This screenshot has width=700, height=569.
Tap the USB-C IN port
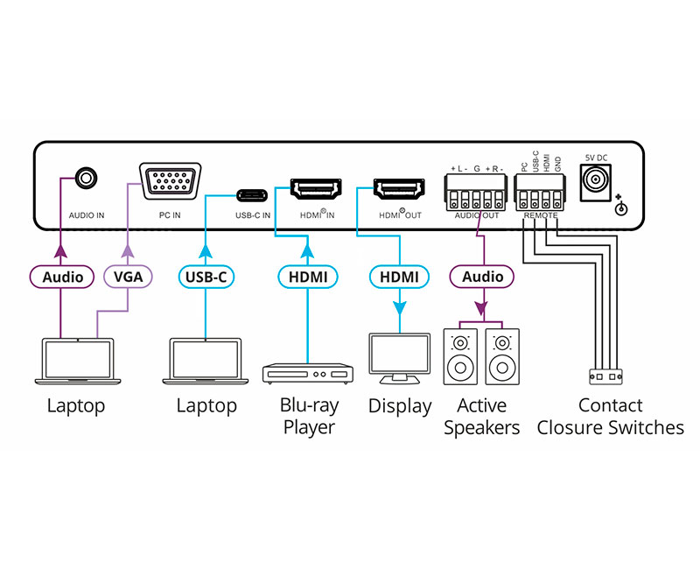click(x=253, y=192)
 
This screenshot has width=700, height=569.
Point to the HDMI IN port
click(x=316, y=188)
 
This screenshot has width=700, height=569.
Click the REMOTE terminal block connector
click(x=540, y=191)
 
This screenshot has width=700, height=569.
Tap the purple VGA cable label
click(x=128, y=277)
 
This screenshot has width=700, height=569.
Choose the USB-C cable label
click(x=206, y=277)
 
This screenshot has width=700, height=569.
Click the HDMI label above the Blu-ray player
click(x=308, y=277)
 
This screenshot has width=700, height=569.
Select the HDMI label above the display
click(x=399, y=277)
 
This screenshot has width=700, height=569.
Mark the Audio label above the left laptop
click(x=62, y=277)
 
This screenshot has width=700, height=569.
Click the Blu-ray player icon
click(x=308, y=373)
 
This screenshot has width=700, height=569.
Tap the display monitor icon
click(x=399, y=356)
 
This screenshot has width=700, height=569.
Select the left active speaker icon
click(x=460, y=357)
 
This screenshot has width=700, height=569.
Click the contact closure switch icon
click(x=605, y=376)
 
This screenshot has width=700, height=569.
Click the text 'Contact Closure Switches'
click(x=610, y=417)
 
